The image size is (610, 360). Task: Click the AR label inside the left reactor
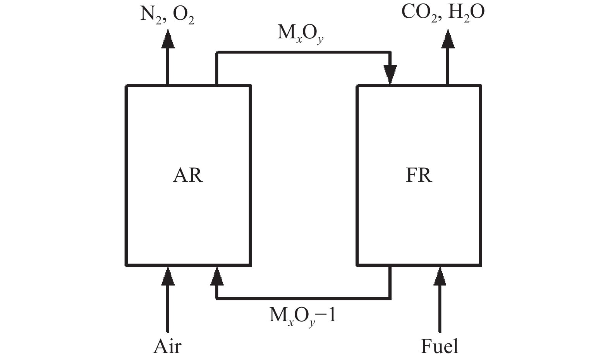pos(187,175)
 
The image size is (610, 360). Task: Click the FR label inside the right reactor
pos(419,175)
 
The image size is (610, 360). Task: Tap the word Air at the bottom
pos(167,346)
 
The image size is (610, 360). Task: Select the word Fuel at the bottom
pos(439,346)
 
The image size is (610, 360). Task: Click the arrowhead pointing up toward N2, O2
pos(167,39)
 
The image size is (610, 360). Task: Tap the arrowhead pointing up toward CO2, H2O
pos(448,39)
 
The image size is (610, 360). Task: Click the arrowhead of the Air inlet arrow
pos(167,276)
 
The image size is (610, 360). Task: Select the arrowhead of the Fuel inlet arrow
pos(440,276)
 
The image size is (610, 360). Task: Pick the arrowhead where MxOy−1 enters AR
pos(217,276)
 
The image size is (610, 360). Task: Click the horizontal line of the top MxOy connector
pos(302,52)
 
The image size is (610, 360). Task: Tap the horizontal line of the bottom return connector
pos(302,298)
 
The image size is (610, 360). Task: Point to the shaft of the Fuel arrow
pos(440,310)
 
